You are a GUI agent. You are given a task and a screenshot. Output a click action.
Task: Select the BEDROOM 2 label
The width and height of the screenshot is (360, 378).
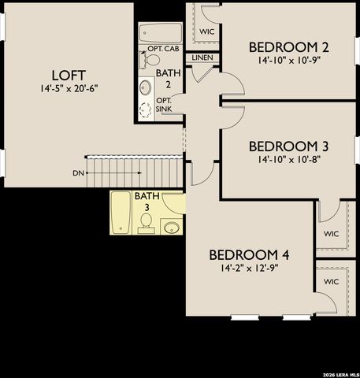pos(288,46)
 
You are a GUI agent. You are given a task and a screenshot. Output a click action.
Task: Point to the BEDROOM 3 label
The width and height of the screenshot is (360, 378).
pos(288,146)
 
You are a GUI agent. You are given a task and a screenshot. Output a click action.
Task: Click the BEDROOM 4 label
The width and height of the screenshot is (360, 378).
pos(249,254)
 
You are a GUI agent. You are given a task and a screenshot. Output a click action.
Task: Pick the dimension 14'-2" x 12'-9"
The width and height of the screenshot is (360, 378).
pos(249,268)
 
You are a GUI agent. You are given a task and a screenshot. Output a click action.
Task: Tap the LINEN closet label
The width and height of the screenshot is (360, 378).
pos(202,57)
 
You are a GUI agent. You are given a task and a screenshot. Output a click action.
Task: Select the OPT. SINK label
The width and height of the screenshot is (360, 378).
pos(164,105)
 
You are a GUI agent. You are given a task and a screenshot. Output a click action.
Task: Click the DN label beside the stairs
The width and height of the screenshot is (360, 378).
pos(78,172)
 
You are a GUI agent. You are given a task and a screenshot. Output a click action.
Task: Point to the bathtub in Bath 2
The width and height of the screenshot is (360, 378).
pos(160,33)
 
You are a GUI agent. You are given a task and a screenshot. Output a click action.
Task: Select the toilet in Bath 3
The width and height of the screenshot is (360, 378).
pos(146,226)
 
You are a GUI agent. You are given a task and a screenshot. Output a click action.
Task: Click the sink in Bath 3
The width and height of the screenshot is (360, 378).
pos(172,228)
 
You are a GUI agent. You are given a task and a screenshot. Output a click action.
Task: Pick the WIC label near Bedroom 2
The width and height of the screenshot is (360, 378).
pos(207,31)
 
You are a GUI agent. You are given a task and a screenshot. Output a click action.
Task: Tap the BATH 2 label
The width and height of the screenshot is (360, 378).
pos(166,79)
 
